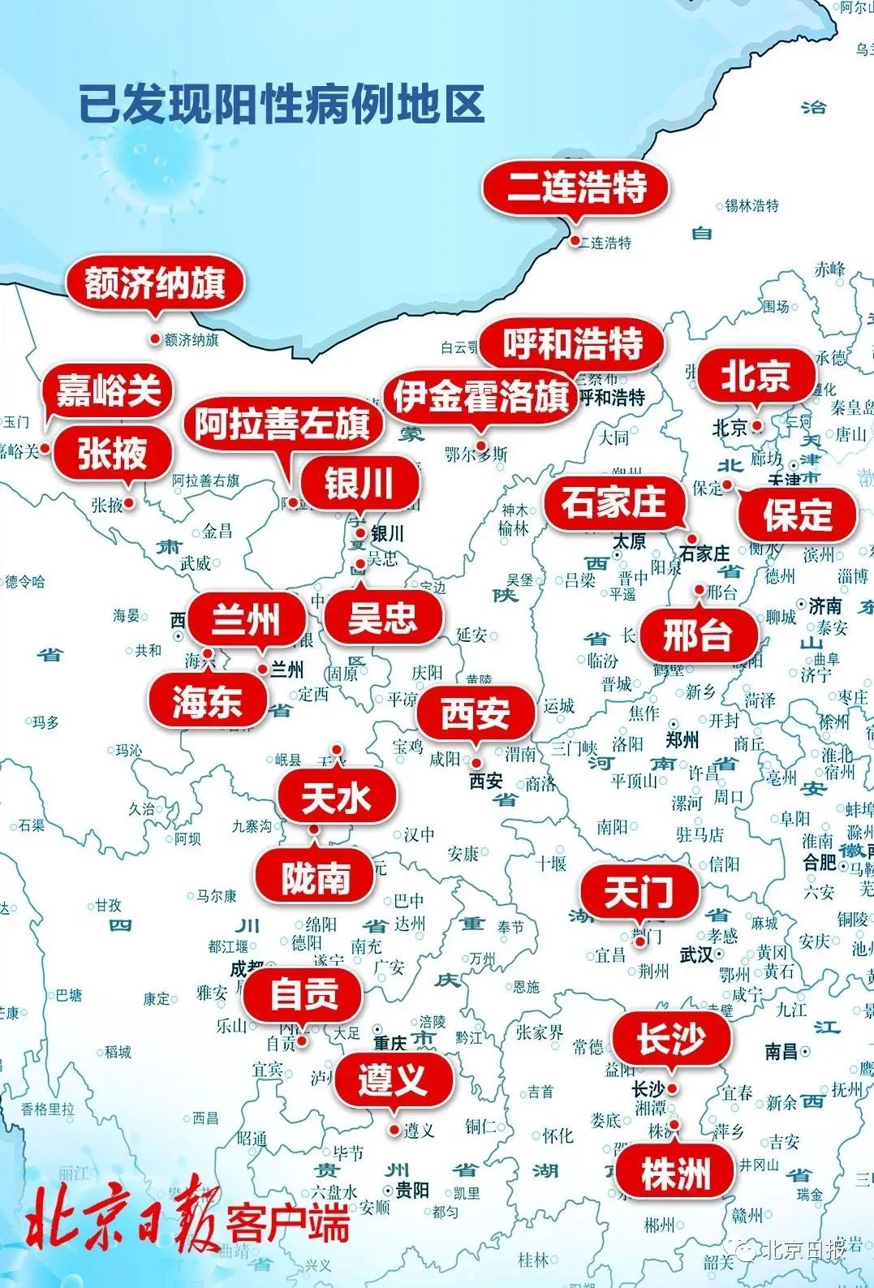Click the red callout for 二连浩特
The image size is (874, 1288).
[576, 187]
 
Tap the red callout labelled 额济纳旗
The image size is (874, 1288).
[155, 284]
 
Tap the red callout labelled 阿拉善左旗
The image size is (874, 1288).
[282, 424]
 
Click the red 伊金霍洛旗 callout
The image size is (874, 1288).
[480, 397]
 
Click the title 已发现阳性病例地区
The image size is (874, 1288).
[282, 104]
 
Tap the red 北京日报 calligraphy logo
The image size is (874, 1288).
[122, 1222]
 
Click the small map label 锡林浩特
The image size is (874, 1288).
[751, 206]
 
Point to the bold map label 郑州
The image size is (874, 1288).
[682, 740]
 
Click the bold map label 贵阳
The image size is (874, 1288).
[412, 1191]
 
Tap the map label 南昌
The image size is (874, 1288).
[781, 1052]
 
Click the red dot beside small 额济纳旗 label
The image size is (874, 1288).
[156, 338]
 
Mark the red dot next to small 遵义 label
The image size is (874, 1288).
[394, 1130]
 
